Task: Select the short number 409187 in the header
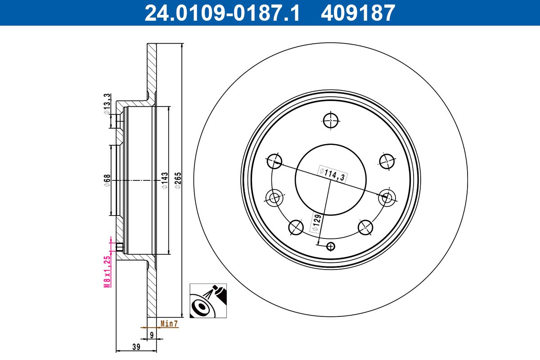pyautogui.click(x=358, y=13)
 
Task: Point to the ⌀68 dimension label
pyautogui.click(x=107, y=180)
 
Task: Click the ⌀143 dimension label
pyautogui.click(x=165, y=180)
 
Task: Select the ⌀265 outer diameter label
pyautogui.click(x=178, y=180)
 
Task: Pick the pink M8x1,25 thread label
pyautogui.click(x=107, y=271)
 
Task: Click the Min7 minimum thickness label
pyautogui.click(x=170, y=323)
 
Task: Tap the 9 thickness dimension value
pyautogui.click(x=152, y=334)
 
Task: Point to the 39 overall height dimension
pyautogui.click(x=136, y=346)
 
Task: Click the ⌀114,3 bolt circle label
pyautogui.click(x=332, y=173)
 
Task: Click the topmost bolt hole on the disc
pyautogui.click(x=330, y=120)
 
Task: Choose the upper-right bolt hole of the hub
pyautogui.click(x=387, y=160)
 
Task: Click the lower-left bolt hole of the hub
pyautogui.click(x=296, y=227)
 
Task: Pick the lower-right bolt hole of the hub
pyautogui.click(x=365, y=227)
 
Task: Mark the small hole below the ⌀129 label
pyautogui.click(x=331, y=246)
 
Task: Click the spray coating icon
pyautogui.click(x=207, y=301)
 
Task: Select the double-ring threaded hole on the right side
pyautogui.click(x=386, y=197)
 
